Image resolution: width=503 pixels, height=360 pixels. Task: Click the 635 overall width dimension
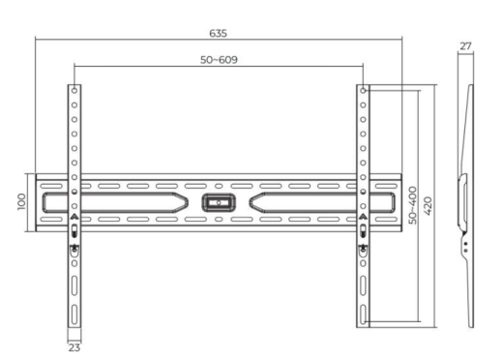point(218,33)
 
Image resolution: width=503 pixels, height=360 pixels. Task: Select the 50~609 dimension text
point(218,60)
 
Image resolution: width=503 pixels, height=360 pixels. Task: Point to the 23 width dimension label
point(74,347)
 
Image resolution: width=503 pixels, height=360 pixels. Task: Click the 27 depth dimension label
point(465,45)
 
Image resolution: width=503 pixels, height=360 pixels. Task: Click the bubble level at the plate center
point(218,203)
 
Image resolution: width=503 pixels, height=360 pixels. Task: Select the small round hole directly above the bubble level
point(218,184)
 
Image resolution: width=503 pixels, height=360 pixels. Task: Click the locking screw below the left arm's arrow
point(74,248)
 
